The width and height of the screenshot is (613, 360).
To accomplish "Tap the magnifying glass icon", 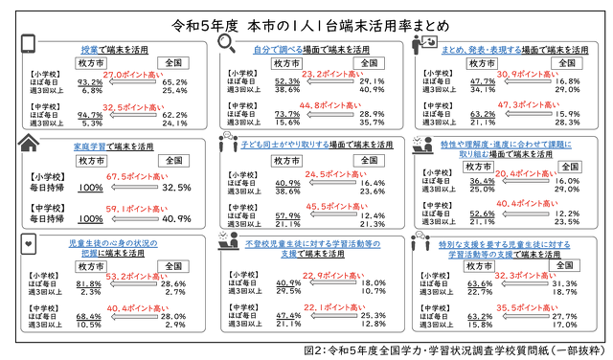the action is [x=229, y=44].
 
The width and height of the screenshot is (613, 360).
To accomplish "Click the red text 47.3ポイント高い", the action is [x=519, y=105].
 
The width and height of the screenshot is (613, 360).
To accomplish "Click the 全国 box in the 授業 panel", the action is [x=174, y=62].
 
